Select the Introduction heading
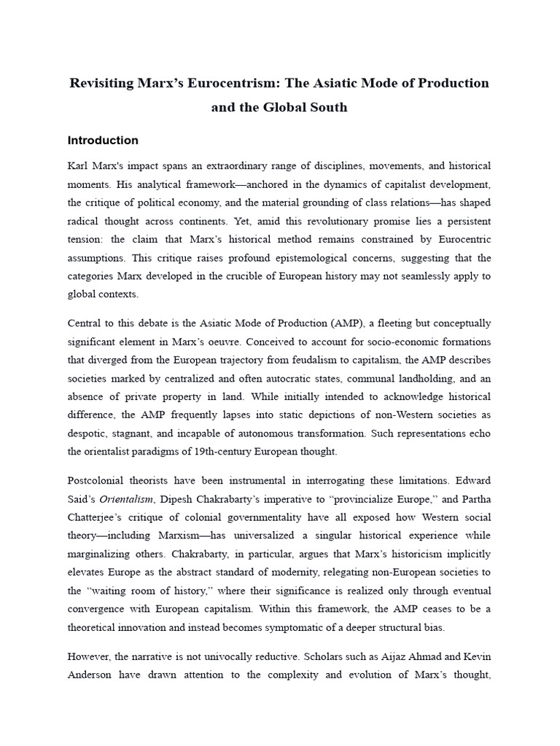103,141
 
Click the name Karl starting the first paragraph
79,167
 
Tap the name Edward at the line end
472,480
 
